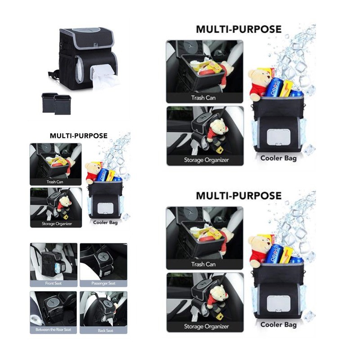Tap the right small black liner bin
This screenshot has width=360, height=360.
63,105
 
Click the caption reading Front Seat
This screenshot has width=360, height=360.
53,283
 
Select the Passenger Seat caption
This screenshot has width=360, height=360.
103,283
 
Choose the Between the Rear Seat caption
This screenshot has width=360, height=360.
53,330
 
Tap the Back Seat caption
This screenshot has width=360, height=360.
105,331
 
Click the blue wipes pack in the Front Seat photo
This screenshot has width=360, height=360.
58,268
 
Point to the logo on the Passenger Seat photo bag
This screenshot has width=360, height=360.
103,256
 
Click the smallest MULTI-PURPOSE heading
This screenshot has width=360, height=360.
78,136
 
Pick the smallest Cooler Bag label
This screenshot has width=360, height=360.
105,222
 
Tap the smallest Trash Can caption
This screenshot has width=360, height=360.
55,182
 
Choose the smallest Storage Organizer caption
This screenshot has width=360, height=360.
57,224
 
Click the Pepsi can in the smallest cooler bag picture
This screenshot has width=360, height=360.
102,175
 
